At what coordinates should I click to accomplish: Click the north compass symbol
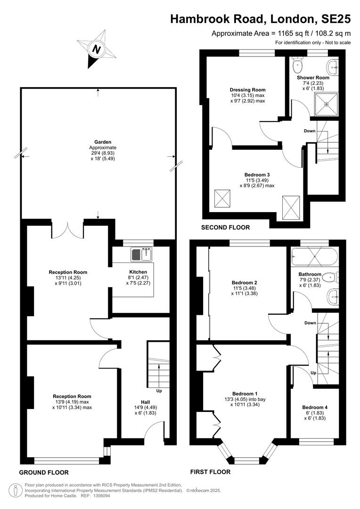[x=97, y=49]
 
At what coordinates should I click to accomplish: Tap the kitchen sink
[x=142, y=254]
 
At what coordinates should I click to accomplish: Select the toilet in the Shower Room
[x=297, y=65]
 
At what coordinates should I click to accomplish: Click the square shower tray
[x=326, y=104]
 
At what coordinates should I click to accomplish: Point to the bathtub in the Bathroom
[x=315, y=256]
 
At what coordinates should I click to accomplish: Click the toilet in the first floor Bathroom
[x=331, y=277]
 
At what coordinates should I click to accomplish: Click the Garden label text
[x=103, y=142]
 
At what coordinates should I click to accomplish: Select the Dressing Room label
[x=247, y=90]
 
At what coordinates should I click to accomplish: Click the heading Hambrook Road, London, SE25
[x=261, y=19]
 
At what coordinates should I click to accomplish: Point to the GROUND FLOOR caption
[x=44, y=472]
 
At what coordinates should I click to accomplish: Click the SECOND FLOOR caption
[x=225, y=228]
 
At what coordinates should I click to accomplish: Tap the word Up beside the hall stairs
[x=159, y=391]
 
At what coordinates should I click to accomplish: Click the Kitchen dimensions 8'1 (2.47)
[x=138, y=278]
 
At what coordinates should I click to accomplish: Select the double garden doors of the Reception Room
[x=67, y=230]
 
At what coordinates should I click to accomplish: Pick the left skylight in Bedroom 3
[x=222, y=199]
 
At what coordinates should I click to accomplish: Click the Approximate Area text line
[x=281, y=33]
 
